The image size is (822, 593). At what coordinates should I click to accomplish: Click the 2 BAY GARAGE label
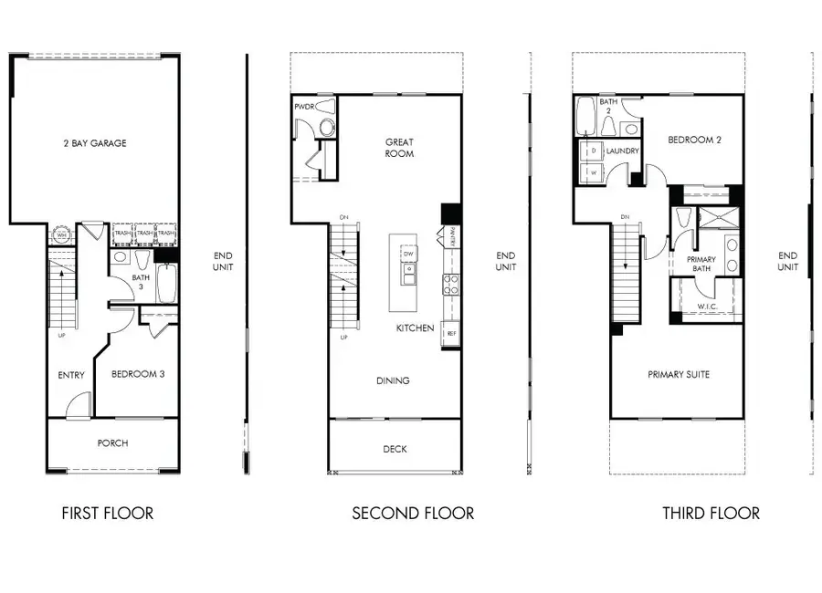pyautogui.click(x=95, y=143)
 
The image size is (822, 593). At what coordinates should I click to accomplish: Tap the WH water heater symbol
pyautogui.click(x=62, y=234)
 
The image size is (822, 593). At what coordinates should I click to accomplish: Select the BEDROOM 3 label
pyautogui.click(x=138, y=374)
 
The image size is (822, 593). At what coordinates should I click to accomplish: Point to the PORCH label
pyautogui.click(x=112, y=443)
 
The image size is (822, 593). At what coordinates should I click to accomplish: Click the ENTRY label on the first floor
pyautogui.click(x=70, y=374)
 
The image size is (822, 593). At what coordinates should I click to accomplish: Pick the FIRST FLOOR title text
pyautogui.click(x=107, y=514)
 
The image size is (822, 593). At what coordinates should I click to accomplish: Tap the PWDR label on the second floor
pyautogui.click(x=304, y=108)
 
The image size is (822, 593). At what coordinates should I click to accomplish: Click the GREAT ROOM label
pyautogui.click(x=399, y=148)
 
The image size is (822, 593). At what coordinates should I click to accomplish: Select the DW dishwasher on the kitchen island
pyautogui.click(x=409, y=253)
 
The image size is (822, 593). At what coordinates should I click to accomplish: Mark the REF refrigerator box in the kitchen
pyautogui.click(x=451, y=334)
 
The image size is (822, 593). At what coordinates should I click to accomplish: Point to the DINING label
pyautogui.click(x=393, y=380)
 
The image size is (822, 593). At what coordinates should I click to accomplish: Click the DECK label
pyautogui.click(x=395, y=449)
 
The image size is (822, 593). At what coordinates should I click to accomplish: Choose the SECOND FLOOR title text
pyautogui.click(x=413, y=514)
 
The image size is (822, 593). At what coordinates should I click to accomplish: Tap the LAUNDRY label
pyautogui.click(x=621, y=151)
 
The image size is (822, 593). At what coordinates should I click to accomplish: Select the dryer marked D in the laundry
pyautogui.click(x=592, y=150)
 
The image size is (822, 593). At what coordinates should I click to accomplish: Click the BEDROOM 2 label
pyautogui.click(x=694, y=140)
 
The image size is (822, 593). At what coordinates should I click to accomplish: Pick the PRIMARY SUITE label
pyautogui.click(x=679, y=374)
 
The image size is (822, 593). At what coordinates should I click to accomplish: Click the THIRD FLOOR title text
pyautogui.click(x=711, y=514)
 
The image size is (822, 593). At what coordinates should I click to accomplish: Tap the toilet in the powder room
pyautogui.click(x=328, y=106)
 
